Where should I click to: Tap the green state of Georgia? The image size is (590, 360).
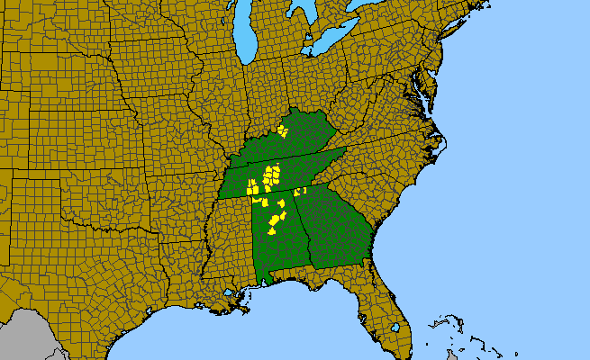[338, 225]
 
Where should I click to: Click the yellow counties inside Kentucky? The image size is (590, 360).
[283, 131]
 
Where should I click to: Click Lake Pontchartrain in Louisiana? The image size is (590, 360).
[231, 292]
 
